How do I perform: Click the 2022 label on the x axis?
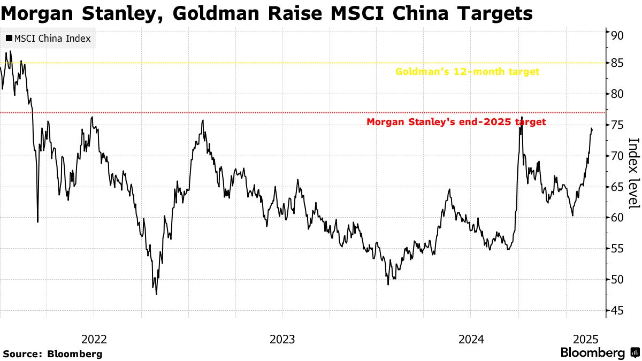(94, 339)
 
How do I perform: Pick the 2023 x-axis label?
(282, 339)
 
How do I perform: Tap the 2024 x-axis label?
(471, 339)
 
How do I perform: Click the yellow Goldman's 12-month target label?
(467, 72)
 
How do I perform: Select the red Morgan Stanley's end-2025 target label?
(456, 122)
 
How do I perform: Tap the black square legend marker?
(9, 39)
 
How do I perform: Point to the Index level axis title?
(633, 173)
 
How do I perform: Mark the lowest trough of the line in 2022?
(156, 294)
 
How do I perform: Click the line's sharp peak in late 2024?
(522, 117)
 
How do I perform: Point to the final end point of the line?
(592, 130)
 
